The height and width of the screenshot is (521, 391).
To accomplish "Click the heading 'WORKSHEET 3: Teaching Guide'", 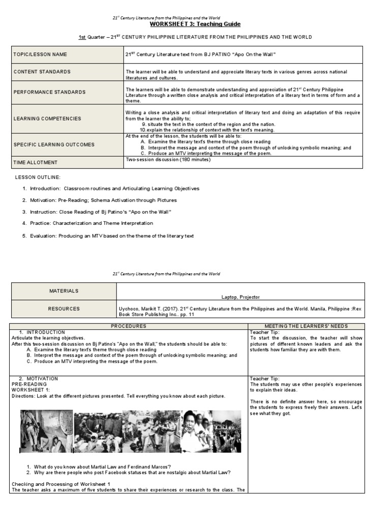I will [x=195, y=24].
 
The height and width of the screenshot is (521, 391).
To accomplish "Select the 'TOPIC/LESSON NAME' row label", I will [x=40, y=54].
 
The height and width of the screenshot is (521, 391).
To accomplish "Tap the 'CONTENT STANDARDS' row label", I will [x=42, y=72].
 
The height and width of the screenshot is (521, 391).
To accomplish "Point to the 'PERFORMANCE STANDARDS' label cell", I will [x=50, y=92].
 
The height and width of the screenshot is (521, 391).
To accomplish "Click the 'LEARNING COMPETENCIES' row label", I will [x=47, y=119].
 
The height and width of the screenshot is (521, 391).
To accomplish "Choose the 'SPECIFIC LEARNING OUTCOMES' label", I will [x=54, y=144].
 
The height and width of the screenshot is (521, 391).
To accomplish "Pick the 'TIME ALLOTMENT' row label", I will [x=36, y=162].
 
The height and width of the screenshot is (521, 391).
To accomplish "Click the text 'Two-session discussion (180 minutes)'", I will [x=168, y=159].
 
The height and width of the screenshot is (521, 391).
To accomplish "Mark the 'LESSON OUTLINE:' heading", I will [x=38, y=177].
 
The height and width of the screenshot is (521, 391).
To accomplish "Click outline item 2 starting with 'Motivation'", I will [x=100, y=200].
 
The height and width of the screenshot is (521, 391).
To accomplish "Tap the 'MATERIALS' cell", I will [x=64, y=291].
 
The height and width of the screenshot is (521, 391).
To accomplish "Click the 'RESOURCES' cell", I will [x=64, y=308].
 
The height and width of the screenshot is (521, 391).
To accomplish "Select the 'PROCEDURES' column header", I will [x=129, y=326].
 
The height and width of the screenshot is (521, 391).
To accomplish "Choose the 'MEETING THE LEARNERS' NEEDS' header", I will [x=306, y=326].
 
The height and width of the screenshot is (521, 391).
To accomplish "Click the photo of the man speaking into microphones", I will [x=197, y=431].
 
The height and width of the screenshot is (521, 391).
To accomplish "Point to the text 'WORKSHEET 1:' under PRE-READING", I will [x=30, y=389].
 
